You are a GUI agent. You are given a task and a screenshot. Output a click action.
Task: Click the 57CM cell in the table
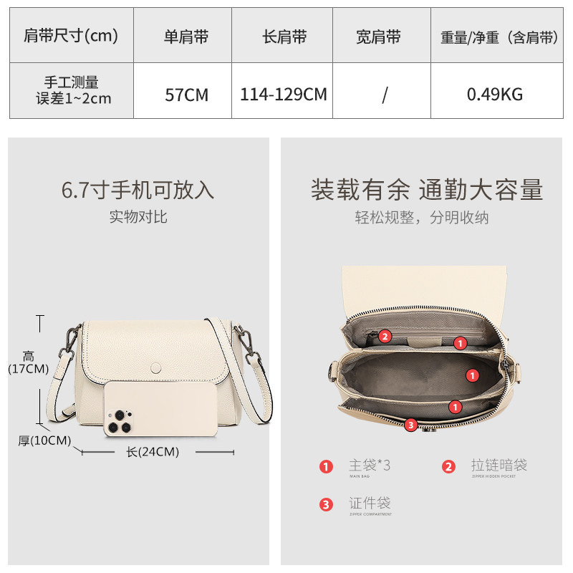coord(186,94)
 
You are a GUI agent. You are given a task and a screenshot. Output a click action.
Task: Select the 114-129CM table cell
coord(284,94)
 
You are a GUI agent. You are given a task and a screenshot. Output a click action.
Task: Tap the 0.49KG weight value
coord(495,94)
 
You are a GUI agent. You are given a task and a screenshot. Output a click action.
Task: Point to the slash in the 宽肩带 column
coord(384,95)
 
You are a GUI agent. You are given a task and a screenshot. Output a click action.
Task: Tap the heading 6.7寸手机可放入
coord(138,191)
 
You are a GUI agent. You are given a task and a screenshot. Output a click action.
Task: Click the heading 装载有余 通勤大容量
coord(427,191)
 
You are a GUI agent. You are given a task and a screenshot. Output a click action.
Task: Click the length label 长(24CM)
coord(153,452)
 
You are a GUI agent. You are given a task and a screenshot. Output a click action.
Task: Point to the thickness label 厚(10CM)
coord(44,440)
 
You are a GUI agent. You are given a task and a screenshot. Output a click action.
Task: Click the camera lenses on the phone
coord(118,423)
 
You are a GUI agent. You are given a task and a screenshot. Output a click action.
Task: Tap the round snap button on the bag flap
coord(156,367)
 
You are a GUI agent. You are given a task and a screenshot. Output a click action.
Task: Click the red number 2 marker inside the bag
coord(385,336)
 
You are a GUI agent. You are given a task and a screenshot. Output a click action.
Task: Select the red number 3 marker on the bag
coord(410,425)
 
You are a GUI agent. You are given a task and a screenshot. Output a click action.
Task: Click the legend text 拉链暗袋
coord(499,466)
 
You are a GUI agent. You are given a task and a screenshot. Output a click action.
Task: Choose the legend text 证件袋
coord(370,503)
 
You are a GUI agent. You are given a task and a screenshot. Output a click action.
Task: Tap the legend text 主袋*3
coord(370,466)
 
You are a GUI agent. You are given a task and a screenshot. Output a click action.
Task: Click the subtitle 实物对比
coord(138,216)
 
